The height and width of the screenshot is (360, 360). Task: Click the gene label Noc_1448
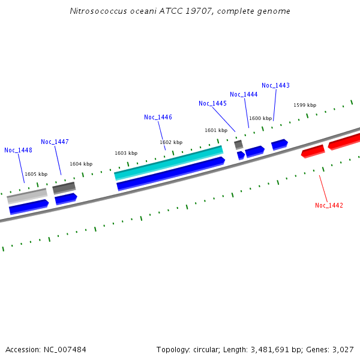pyautogui.click(x=18, y=150)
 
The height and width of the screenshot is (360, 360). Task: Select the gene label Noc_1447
pyautogui.click(x=55, y=142)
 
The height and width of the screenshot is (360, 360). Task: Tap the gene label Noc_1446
pyautogui.click(x=158, y=117)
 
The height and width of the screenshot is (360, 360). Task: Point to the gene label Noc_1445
pyautogui.click(x=212, y=103)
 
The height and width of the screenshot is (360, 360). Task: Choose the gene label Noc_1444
pyautogui.click(x=244, y=94)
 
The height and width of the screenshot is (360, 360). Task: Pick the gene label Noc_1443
pyautogui.click(x=275, y=85)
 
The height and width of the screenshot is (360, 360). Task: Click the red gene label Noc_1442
pyautogui.click(x=329, y=205)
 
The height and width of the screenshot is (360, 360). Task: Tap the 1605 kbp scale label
pyautogui.click(x=36, y=174)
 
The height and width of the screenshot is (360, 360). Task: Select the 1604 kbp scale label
pyautogui.click(x=81, y=164)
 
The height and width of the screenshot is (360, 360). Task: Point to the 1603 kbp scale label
pyautogui.click(x=126, y=153)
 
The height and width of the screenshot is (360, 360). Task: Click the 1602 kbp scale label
pyautogui.click(x=171, y=142)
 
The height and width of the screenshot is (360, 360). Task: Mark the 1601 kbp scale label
pyautogui.click(x=216, y=130)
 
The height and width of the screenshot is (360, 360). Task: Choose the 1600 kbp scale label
pyautogui.click(x=260, y=118)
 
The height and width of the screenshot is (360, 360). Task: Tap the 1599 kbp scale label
pyautogui.click(x=305, y=105)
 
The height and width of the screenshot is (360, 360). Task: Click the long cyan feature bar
pyautogui.click(x=169, y=162)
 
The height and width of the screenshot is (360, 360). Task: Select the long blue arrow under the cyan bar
pyautogui.click(x=170, y=173)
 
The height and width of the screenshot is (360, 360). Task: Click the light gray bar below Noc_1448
pyautogui.click(x=27, y=196)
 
